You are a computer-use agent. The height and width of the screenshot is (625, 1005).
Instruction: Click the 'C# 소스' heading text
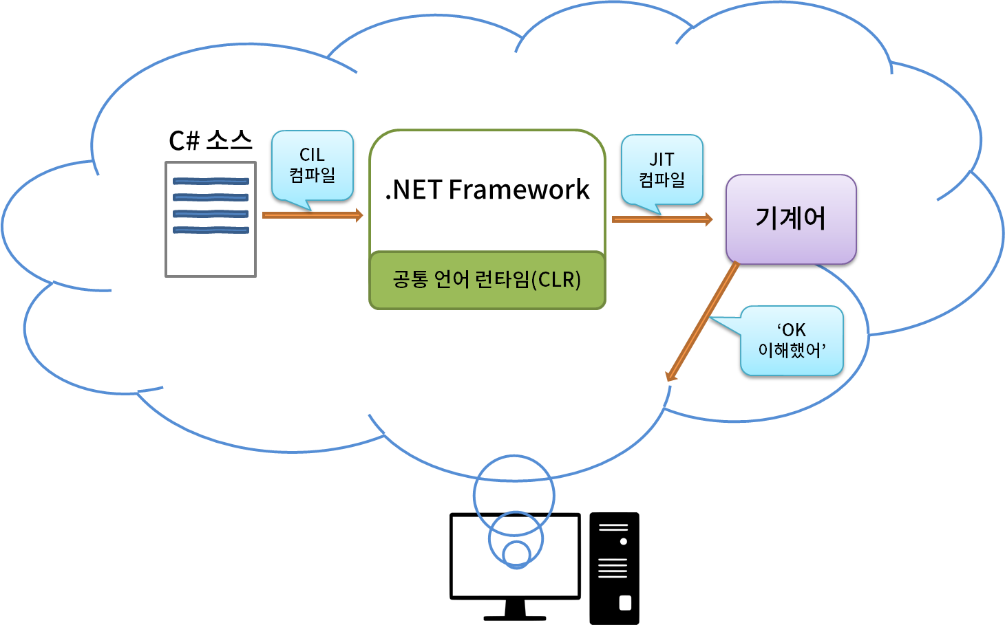click(210, 140)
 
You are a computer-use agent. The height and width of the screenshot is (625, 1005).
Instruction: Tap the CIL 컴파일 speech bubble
click(313, 165)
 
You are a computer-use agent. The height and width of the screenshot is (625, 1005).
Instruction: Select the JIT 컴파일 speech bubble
click(662, 170)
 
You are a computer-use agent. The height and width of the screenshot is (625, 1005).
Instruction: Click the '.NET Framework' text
click(487, 190)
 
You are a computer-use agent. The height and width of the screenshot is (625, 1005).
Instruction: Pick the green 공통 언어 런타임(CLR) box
click(487, 280)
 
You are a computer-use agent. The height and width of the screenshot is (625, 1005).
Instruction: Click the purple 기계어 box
click(791, 219)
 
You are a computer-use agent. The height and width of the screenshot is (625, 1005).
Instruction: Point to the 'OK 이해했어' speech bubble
click(792, 341)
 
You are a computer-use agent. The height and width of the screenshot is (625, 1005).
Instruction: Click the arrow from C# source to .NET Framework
click(313, 216)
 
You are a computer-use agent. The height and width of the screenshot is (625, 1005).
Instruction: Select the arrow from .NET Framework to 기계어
click(662, 219)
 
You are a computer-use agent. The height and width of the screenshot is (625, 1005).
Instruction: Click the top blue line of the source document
click(211, 182)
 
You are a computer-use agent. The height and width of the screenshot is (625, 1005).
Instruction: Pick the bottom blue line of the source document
click(211, 230)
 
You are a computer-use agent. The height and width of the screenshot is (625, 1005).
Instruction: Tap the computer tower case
click(614, 568)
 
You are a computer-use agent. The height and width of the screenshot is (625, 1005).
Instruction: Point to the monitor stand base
click(515, 617)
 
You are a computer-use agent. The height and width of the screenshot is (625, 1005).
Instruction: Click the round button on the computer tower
click(624, 542)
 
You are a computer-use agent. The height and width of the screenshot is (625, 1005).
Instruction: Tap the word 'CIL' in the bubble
click(312, 155)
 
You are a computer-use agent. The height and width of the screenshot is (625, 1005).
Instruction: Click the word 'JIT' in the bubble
click(662, 160)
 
